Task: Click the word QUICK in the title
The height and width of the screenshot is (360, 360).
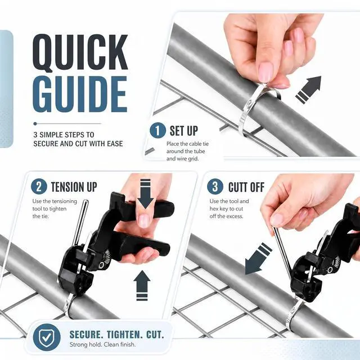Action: click(x=80, y=53)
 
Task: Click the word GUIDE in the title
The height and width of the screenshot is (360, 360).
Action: click(x=80, y=94)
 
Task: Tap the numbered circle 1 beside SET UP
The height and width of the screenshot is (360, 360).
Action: click(x=157, y=130)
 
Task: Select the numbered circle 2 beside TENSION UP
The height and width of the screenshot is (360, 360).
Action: click(x=39, y=186)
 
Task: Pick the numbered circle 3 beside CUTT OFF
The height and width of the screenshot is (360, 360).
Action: click(x=215, y=186)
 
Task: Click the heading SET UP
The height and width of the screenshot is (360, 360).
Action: click(x=184, y=130)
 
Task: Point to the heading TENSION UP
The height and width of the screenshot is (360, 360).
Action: click(x=74, y=187)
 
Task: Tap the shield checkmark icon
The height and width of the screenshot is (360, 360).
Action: click(x=47, y=337)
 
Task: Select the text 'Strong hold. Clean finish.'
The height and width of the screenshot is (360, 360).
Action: click(x=102, y=344)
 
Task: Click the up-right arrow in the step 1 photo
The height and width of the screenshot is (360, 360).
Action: click(x=309, y=89)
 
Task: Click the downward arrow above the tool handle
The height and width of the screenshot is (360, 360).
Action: click(x=145, y=194)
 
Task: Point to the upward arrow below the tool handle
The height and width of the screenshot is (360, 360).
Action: click(x=142, y=285)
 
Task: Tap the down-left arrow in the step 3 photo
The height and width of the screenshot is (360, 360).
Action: click(x=258, y=259)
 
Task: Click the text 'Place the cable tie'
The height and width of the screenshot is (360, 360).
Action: click(x=187, y=144)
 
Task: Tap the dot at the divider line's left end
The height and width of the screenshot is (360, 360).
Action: click(x=35, y=124)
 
